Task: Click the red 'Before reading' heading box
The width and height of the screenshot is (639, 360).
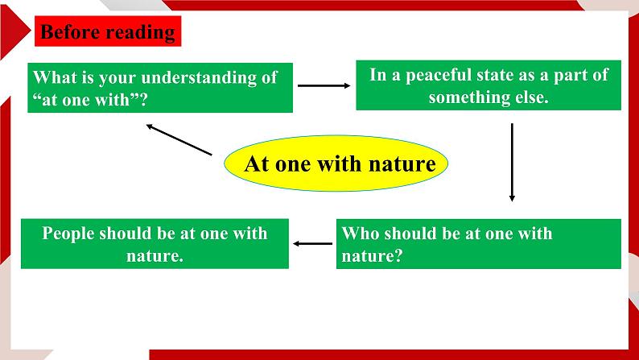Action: [108, 31]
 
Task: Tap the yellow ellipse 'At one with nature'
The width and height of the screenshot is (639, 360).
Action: [336, 163]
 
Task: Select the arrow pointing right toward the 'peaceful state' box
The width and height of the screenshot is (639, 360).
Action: [324, 85]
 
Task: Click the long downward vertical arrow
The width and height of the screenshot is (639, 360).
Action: [512, 162]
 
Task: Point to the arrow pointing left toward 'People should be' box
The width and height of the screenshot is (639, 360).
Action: [312, 244]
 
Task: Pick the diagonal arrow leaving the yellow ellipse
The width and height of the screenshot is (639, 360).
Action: [179, 140]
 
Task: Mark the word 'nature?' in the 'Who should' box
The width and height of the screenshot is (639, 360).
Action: [372, 256]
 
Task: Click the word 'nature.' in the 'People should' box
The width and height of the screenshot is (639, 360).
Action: [155, 256]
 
